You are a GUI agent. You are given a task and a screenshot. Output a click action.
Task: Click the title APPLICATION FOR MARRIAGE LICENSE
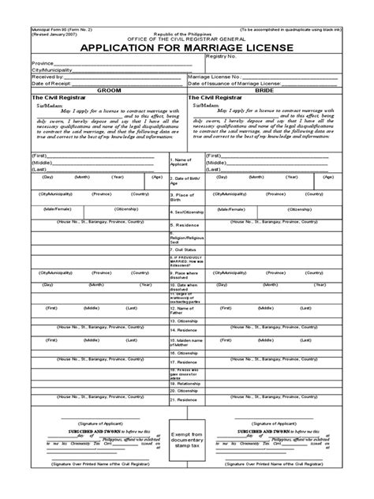(187, 47)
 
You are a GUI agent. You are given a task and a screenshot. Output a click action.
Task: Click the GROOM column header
(107, 90)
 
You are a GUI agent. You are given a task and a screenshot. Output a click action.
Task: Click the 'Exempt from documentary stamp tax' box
(186, 438)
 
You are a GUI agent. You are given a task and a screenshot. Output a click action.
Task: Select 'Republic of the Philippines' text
(186, 30)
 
